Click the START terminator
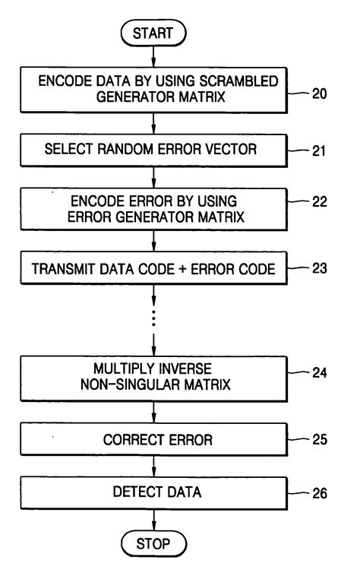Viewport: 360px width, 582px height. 153,34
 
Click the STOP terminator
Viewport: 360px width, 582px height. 153,544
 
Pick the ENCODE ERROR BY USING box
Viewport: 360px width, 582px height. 153,207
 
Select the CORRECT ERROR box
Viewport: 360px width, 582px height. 153,439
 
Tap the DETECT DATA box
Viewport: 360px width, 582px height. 153,492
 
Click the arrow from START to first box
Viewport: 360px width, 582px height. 153,59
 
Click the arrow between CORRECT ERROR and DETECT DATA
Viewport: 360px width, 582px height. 153,466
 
